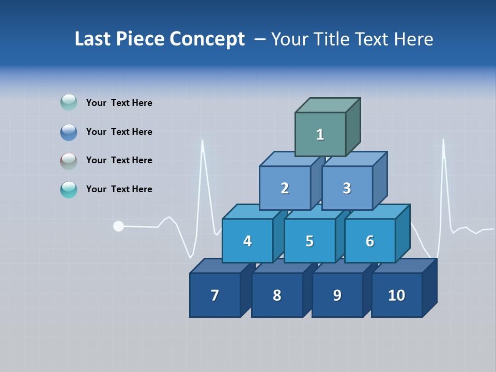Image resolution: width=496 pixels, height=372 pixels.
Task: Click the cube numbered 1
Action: tap(320, 134)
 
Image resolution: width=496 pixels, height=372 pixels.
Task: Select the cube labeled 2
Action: tap(285, 188)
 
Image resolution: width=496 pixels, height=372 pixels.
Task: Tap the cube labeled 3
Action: tap(347, 188)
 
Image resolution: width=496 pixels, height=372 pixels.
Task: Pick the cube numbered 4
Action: tap(247, 241)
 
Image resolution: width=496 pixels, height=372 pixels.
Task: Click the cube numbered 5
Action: tap(309, 241)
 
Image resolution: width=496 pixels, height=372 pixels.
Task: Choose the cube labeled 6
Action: tap(370, 241)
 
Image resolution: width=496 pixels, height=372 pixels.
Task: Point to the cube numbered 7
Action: tap(215, 295)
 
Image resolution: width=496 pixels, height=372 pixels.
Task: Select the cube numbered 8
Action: tap(277, 295)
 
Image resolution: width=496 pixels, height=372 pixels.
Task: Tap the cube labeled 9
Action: tap(337, 295)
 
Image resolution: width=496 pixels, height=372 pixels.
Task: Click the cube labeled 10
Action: tap(397, 295)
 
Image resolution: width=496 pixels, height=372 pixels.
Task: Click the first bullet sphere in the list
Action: tap(69, 103)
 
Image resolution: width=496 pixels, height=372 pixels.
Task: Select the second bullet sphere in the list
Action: tap(69, 132)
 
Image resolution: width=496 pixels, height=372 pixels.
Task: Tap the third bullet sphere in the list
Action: tap(69, 161)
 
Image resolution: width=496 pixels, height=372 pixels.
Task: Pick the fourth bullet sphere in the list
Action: tap(69, 190)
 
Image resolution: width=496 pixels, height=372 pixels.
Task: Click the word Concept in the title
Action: tap(207, 39)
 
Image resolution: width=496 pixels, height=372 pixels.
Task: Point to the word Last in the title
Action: tap(93, 39)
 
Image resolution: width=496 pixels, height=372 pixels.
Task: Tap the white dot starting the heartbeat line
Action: tap(118, 226)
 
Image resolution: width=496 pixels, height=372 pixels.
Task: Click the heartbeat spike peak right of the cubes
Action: tap(443, 141)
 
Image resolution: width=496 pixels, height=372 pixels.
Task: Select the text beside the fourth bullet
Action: tap(119, 189)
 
